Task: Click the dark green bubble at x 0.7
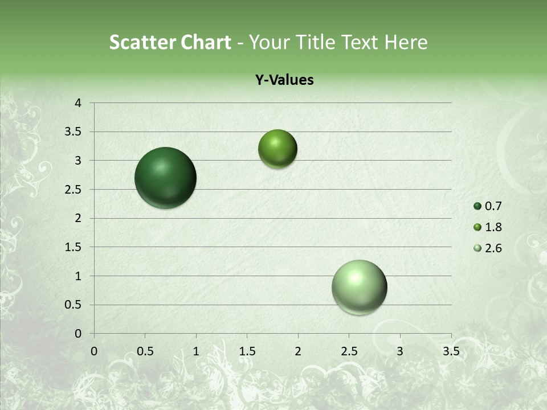pyautogui.click(x=165, y=178)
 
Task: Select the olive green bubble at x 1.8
pyautogui.click(x=277, y=149)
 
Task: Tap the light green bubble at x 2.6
pyautogui.click(x=359, y=287)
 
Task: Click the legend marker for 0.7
pyautogui.click(x=477, y=206)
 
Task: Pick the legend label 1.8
pyautogui.click(x=493, y=227)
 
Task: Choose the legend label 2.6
pyautogui.click(x=493, y=248)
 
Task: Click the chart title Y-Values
pyautogui.click(x=284, y=80)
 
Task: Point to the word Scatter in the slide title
pyautogui.click(x=142, y=42)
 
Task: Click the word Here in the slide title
pyautogui.click(x=405, y=42)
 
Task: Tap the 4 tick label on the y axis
pyautogui.click(x=78, y=103)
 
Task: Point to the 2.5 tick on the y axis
pyautogui.click(x=74, y=189)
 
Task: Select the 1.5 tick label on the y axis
pyautogui.click(x=74, y=247)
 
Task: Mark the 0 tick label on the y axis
pyautogui.click(x=78, y=334)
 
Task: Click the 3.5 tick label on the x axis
pyautogui.click(x=451, y=351)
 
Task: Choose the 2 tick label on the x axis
pyautogui.click(x=298, y=351)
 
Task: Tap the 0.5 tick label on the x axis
pyautogui.click(x=145, y=351)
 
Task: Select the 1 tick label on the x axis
pyautogui.click(x=196, y=351)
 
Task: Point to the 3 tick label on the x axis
pyautogui.click(x=400, y=351)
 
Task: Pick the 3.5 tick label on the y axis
pyautogui.click(x=74, y=132)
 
